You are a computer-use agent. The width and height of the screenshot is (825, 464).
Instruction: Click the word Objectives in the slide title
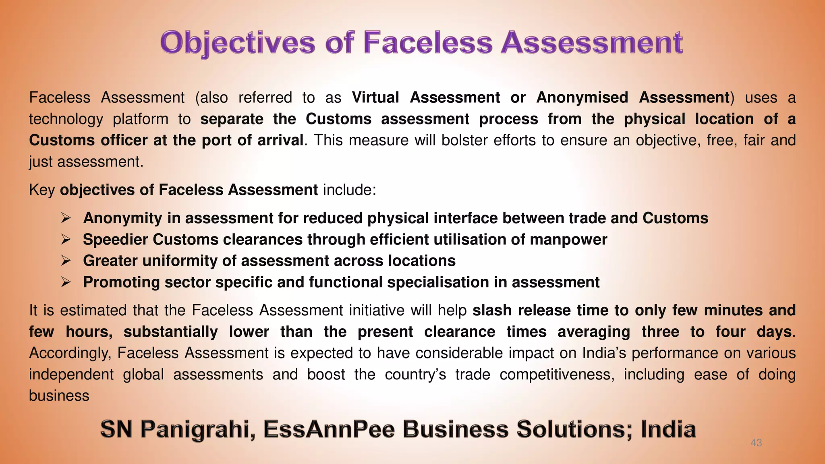coord(237,43)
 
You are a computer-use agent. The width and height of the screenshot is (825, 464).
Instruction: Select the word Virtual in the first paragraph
coord(375,97)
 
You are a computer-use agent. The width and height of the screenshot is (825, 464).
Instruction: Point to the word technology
coord(66,119)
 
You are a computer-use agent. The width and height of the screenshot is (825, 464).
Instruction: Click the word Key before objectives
coord(41,190)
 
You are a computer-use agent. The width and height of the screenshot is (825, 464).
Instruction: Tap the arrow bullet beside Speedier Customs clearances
coord(66,240)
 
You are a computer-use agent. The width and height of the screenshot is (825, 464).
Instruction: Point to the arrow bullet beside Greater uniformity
coord(66,261)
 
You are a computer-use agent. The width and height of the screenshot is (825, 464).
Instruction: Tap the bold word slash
coord(492,311)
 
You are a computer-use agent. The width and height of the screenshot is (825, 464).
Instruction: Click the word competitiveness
coord(557,375)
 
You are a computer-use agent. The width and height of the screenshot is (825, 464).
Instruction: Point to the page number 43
coord(756,443)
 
